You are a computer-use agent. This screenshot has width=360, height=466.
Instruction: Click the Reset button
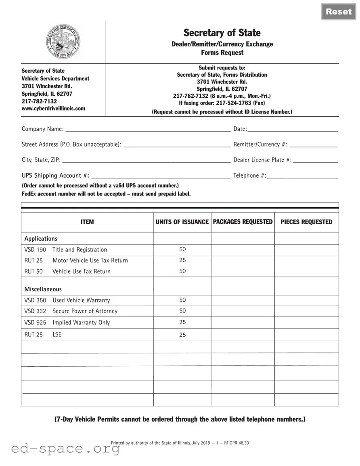339,11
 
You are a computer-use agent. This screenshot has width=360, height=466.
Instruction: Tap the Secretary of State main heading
222,33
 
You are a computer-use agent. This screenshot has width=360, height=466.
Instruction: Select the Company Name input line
148,129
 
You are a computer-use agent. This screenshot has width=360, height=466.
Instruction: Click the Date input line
293,129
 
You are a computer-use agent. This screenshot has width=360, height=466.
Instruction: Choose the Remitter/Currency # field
314,145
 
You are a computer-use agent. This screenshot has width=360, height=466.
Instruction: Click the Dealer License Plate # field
316,160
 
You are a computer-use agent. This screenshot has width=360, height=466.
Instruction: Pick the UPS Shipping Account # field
161,175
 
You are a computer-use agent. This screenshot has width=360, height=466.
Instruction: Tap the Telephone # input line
302,175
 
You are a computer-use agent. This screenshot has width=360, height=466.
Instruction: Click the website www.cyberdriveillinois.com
53,109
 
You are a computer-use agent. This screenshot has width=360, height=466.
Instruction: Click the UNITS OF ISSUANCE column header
182,222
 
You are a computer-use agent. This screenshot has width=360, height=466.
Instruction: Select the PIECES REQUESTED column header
306,222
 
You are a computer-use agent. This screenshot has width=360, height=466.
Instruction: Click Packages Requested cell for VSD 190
243,250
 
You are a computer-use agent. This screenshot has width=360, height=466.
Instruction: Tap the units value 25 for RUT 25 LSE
182,335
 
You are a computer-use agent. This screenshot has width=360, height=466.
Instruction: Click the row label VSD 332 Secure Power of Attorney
71,311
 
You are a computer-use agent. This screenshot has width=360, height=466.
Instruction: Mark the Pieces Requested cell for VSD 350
306,300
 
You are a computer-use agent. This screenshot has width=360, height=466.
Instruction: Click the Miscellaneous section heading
43,289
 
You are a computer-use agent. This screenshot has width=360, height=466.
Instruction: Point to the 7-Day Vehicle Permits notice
180,420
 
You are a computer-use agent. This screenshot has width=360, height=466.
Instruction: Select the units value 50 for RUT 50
182,271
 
